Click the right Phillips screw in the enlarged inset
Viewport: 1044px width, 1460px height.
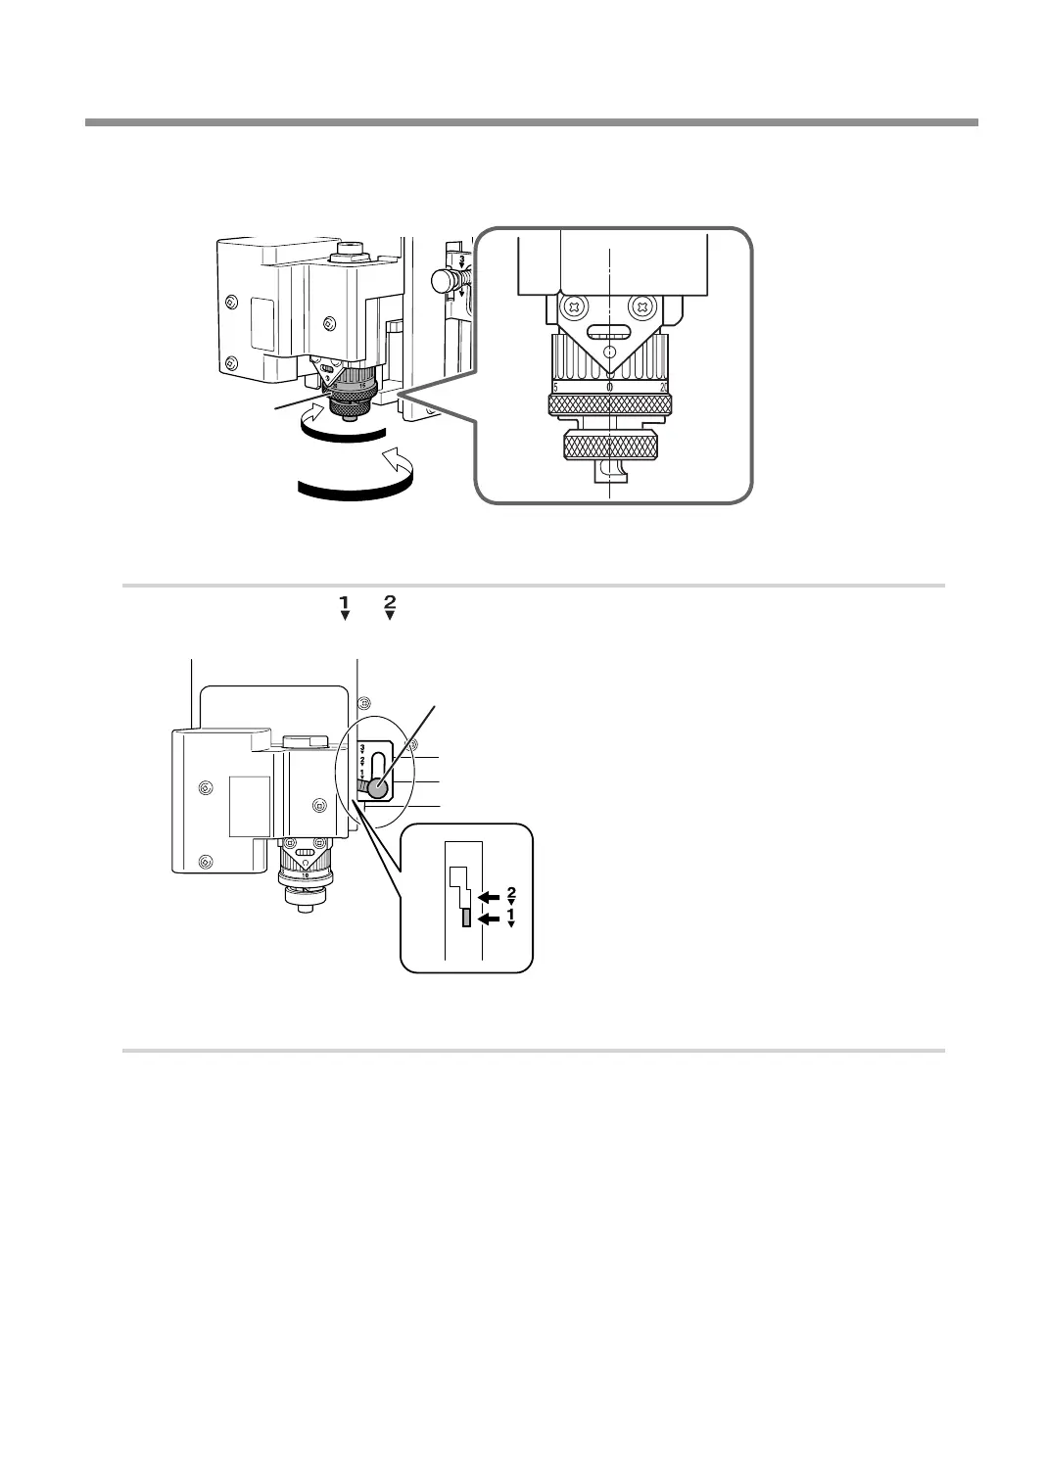[x=642, y=307]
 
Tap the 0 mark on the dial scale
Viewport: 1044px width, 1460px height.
[x=609, y=388]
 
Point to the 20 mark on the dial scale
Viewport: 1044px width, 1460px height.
[x=663, y=388]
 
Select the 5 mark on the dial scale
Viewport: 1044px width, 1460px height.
[x=555, y=388]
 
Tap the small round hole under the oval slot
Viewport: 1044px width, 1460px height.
[x=609, y=351]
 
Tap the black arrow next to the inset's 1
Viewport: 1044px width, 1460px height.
[x=487, y=918]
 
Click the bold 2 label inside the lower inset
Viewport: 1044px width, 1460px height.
[x=511, y=891]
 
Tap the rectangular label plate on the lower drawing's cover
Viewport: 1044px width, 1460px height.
[x=249, y=806]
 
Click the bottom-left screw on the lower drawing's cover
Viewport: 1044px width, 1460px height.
[x=205, y=862]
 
